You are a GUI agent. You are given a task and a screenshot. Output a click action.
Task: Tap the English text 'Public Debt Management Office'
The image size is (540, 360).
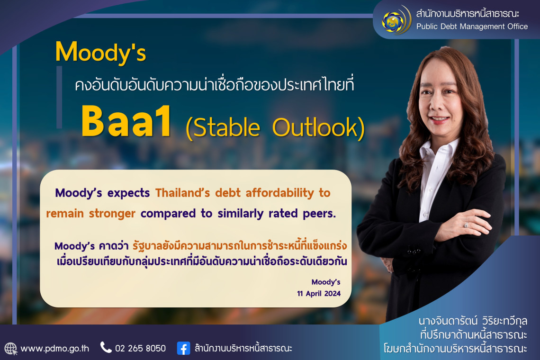[x=472, y=27]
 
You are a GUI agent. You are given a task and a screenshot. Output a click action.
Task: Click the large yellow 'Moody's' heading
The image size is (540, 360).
[x=100, y=53]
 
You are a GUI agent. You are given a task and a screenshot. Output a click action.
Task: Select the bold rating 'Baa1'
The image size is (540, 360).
[x=126, y=121]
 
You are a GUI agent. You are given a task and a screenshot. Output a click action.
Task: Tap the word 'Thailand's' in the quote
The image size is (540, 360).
[x=182, y=193]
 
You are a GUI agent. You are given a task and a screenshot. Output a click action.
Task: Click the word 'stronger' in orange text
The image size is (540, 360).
[x=112, y=214]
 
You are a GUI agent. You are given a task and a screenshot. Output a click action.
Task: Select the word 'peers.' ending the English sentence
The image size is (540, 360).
[x=319, y=214]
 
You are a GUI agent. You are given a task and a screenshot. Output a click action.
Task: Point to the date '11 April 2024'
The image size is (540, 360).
[x=319, y=294]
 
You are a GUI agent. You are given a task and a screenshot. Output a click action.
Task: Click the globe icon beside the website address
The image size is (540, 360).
[x=11, y=349]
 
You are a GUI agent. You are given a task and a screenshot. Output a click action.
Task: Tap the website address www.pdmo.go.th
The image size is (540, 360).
[x=55, y=349]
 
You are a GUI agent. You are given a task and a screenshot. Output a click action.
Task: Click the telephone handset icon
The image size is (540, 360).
[x=106, y=347]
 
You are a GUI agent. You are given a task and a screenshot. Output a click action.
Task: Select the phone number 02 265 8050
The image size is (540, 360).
[x=141, y=349]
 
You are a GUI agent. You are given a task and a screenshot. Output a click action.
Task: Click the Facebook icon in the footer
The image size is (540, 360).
[x=184, y=348]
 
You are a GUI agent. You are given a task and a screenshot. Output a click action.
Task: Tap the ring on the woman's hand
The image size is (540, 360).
[x=466, y=225]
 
